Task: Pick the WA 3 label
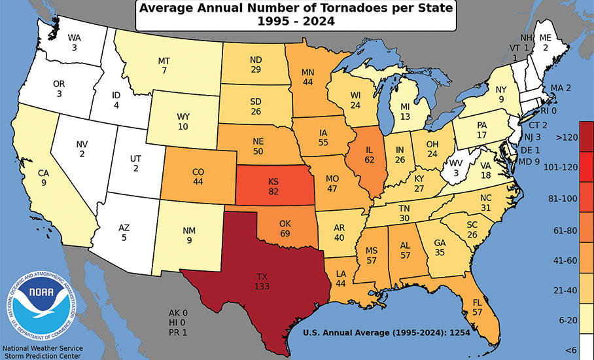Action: click(75, 42)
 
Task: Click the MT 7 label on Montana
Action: click(164, 65)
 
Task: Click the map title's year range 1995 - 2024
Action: click(296, 22)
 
